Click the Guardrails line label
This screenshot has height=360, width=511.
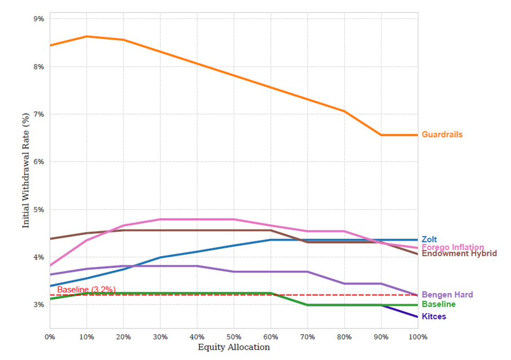coord(442,134)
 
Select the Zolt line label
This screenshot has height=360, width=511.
coord(429,239)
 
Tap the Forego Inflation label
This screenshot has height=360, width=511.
coord(452,247)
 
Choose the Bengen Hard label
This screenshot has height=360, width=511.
coord(447,295)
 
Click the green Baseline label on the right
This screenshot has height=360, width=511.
coord(438,305)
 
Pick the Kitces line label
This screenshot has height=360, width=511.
coord(434,316)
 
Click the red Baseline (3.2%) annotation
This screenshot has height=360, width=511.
coord(86,290)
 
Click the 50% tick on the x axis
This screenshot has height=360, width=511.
coord(234,337)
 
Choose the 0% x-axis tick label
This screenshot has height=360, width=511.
coord(49,337)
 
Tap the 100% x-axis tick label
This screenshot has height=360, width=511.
coord(417,337)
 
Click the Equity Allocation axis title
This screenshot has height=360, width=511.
coord(234,347)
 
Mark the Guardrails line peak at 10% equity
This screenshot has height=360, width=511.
coord(86,36)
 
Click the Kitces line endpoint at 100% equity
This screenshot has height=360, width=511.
coord(417,316)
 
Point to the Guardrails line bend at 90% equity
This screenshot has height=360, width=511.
coord(381,135)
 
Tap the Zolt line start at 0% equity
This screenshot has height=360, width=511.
coord(50,285)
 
